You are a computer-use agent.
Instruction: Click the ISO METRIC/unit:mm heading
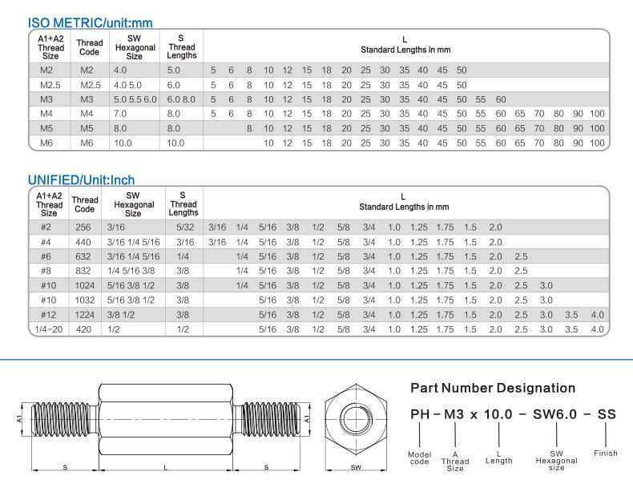(x=91, y=23)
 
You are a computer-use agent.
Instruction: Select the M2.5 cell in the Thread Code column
(x=91, y=85)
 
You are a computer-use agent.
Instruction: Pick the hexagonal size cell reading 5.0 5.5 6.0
(x=135, y=99)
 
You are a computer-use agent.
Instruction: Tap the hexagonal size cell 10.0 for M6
(x=127, y=143)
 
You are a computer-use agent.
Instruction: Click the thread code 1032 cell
(x=84, y=300)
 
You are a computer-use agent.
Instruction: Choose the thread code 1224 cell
(x=84, y=314)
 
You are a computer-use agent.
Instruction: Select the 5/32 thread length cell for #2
(x=183, y=228)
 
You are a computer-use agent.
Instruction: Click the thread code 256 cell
(x=84, y=228)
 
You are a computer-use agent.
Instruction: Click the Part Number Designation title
(x=493, y=389)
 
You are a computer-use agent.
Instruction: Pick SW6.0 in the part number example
(x=556, y=414)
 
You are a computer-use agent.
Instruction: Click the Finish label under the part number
(x=606, y=454)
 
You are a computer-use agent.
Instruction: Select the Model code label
(x=420, y=458)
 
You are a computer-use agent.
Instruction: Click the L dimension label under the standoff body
(x=164, y=466)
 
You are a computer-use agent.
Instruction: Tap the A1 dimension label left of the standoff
(x=20, y=417)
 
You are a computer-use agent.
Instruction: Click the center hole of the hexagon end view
(x=355, y=417)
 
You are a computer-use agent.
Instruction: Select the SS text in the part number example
(x=607, y=414)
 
